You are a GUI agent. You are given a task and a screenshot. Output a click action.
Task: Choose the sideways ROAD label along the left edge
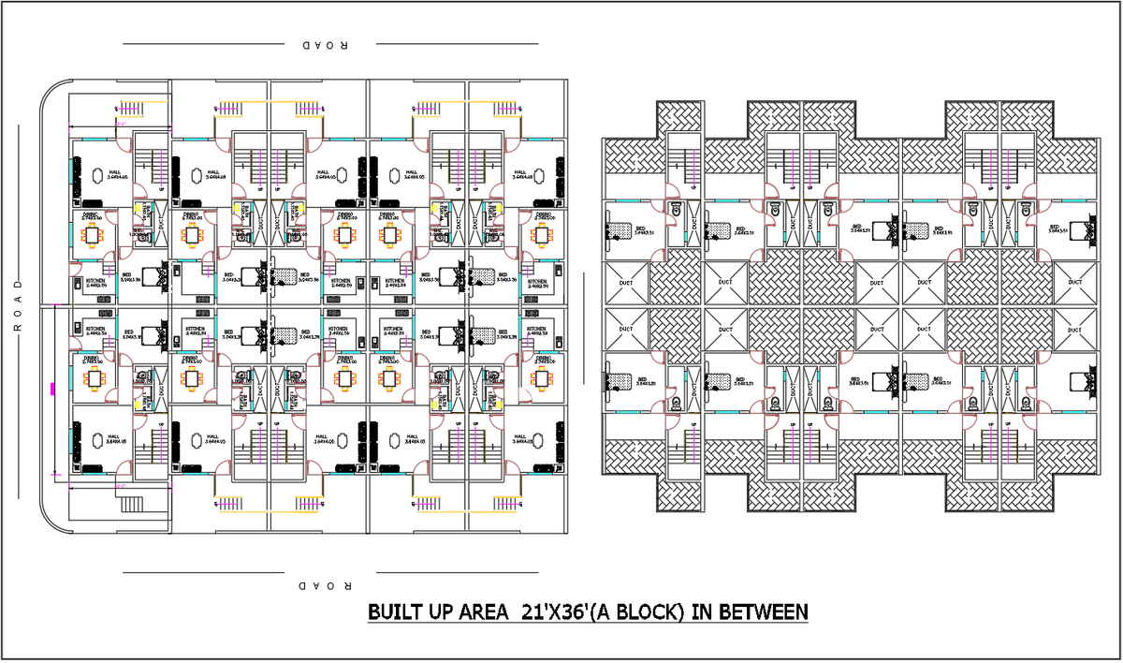click(x=16, y=304)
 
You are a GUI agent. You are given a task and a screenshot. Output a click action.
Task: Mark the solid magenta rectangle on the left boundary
click(x=52, y=388)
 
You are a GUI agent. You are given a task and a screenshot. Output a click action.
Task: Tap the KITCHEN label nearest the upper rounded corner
click(x=95, y=280)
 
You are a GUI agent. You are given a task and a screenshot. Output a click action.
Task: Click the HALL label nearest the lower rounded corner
click(x=113, y=436)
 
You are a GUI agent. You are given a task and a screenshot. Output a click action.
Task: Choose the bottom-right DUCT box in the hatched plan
click(x=1074, y=329)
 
